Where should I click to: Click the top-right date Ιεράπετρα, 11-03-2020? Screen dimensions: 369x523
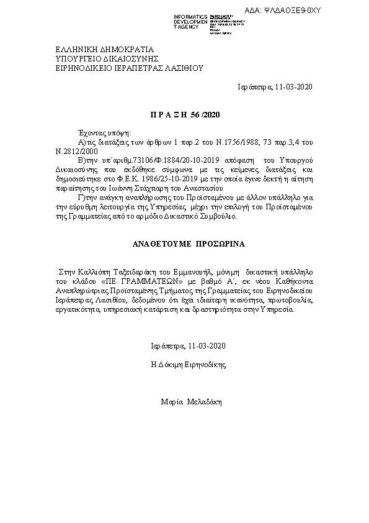coord(275,86)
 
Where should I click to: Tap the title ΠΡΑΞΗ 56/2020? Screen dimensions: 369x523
coord(185,115)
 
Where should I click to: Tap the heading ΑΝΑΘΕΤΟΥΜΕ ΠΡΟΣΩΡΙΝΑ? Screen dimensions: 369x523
coord(185,245)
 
